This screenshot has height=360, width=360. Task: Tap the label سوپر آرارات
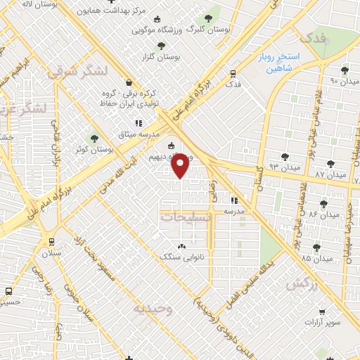tap(322, 322)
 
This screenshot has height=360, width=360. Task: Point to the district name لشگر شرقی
tap(77, 71)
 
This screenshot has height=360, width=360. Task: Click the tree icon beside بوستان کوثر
tap(95, 139)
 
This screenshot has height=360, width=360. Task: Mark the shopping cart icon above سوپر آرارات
tap(322, 311)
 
